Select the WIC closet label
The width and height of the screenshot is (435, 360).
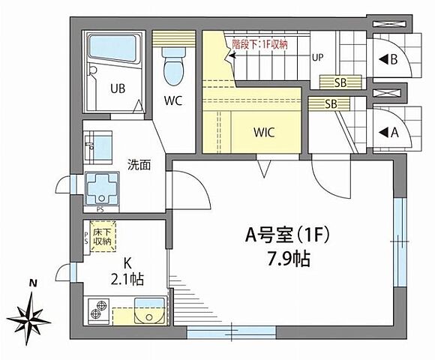click(263, 133)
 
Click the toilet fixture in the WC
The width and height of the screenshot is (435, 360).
click(174, 65)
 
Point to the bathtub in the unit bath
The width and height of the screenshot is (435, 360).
click(113, 49)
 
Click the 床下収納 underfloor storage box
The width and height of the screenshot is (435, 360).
click(102, 236)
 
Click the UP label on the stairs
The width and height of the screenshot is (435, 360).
click(318, 56)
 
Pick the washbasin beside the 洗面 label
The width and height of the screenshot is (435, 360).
click(97, 142)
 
